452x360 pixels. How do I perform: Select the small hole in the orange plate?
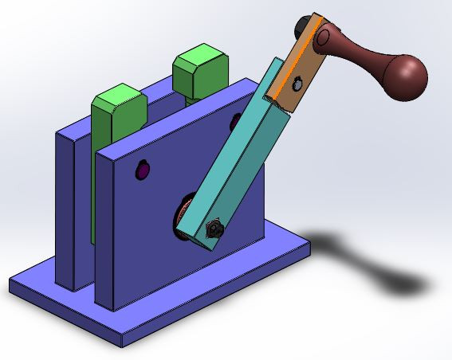tap(297, 81)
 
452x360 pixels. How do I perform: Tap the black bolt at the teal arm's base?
tap(214, 230)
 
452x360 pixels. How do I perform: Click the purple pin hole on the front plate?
tap(143, 170)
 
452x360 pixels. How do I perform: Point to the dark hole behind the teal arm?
tap(236, 119)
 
